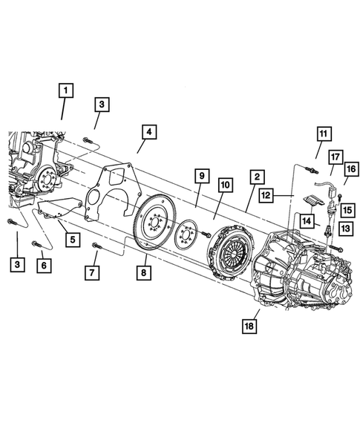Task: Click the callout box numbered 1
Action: [x=67, y=91]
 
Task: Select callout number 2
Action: [x=255, y=177]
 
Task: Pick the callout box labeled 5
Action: [x=72, y=240]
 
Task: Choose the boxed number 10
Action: [x=225, y=183]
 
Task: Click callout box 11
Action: [x=323, y=134]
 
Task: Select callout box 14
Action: [x=307, y=220]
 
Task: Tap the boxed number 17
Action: [x=335, y=157]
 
